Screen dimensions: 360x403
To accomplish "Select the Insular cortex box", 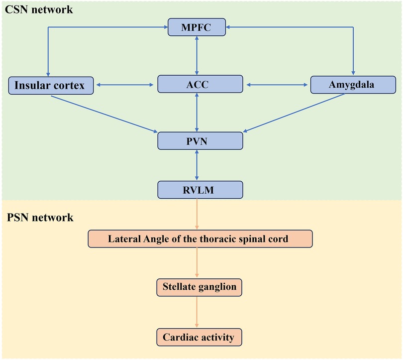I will [50, 85].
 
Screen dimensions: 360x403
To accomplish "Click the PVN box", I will [200, 140].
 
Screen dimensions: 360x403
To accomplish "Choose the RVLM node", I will [200, 189].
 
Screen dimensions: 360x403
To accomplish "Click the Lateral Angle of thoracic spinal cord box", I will [200, 239].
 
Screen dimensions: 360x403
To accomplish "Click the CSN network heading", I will [37, 9].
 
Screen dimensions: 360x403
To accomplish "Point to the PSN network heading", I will [40, 218].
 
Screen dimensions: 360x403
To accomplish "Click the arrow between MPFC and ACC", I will [198, 55].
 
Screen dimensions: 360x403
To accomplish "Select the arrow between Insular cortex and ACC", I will [125, 85].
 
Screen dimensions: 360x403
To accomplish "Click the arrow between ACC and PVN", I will [198, 112].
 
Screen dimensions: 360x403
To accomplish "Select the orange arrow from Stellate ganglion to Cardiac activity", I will [198, 312].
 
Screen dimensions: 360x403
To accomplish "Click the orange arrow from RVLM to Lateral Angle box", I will [198, 214].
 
